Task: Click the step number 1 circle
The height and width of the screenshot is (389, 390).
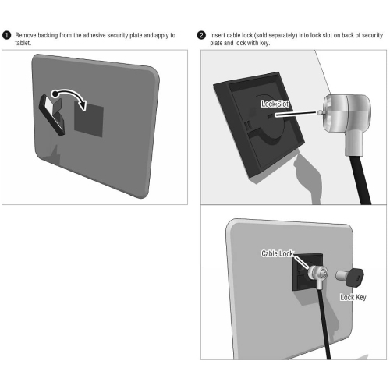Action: click(7, 36)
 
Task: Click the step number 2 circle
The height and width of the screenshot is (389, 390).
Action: click(202, 36)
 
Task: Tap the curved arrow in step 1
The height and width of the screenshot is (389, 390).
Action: click(73, 98)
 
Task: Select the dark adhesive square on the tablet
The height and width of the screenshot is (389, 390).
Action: click(88, 117)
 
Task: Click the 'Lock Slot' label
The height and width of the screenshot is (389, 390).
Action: click(275, 103)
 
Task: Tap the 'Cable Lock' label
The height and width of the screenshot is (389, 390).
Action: click(277, 254)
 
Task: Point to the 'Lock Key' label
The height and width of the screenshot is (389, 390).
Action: click(353, 297)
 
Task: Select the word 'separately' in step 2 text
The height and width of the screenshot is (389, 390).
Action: click(300, 36)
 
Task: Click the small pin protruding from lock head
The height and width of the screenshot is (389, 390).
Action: click(321, 112)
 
